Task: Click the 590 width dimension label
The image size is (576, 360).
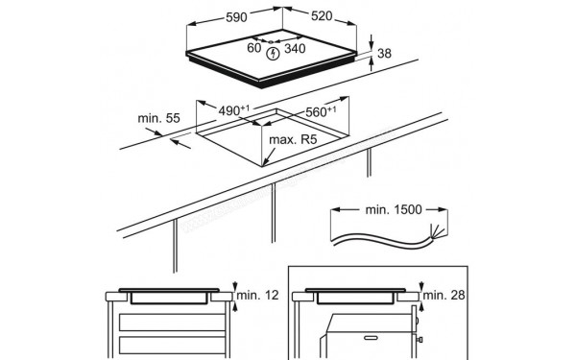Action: click(236, 17)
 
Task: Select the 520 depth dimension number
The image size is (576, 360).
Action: click(322, 15)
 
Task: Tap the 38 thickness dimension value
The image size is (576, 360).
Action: click(384, 54)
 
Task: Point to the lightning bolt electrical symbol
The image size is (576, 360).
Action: click(273, 54)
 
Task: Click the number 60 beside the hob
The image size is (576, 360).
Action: click(254, 48)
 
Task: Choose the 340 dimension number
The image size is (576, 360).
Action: click(295, 48)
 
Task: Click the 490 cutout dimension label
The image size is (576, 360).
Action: click(234, 110)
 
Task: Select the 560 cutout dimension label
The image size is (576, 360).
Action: click(321, 111)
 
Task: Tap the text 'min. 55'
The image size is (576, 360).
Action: click(158, 118)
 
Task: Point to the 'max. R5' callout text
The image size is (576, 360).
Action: click(293, 139)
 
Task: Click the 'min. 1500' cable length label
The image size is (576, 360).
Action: click(394, 209)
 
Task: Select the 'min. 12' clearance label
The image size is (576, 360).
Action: click(258, 295)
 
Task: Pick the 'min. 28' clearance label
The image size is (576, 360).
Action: click(444, 295)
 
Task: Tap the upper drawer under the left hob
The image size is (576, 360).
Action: click(172, 323)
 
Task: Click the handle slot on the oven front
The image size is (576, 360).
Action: click(370, 338)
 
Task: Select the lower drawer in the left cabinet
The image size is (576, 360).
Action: click(172, 346)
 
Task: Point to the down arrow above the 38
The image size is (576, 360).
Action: click(371, 41)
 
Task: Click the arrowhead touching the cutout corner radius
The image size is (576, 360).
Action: click(266, 160)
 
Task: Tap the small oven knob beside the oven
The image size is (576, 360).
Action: click(420, 340)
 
